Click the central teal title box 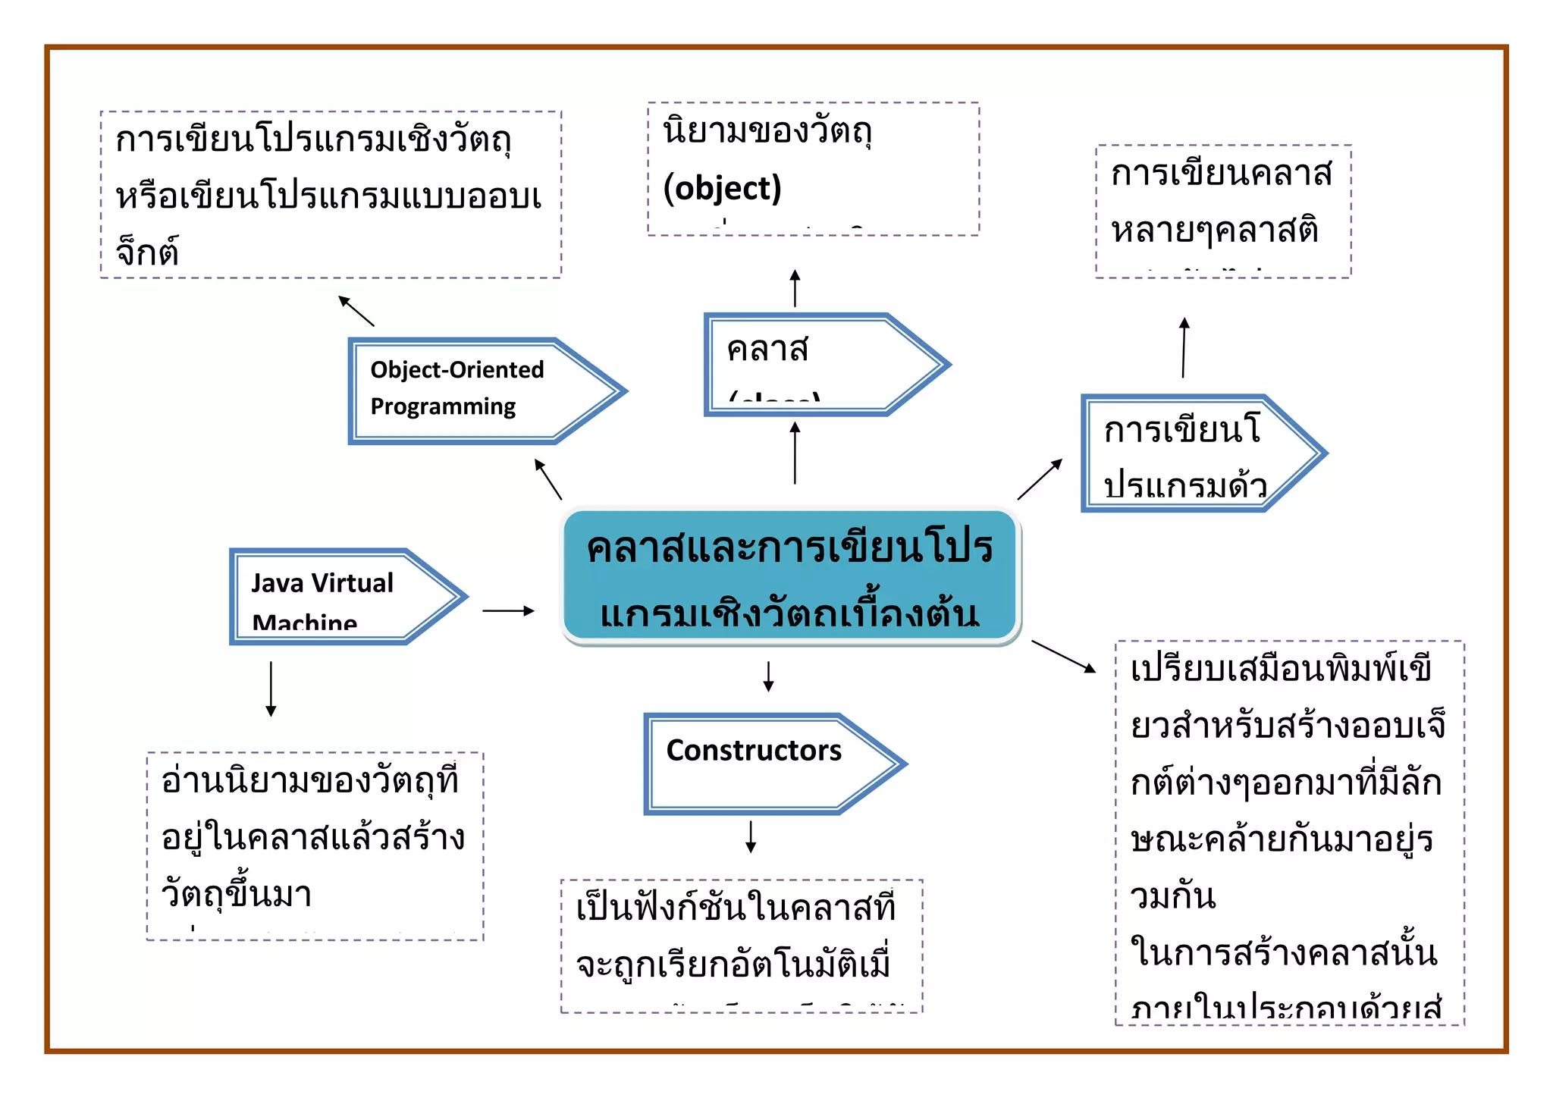(790, 576)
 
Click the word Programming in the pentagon (443, 406)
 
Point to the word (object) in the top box (722, 188)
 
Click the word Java (277, 583)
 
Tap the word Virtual (353, 583)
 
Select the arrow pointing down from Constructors (751, 836)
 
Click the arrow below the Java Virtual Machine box (271, 689)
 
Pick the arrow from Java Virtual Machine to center (508, 610)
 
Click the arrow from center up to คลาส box (795, 453)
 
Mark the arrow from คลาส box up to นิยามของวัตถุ (795, 288)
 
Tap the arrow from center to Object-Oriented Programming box (548, 479)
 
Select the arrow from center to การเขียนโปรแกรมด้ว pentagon (1040, 479)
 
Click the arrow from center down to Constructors (768, 676)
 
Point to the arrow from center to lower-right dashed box (1063, 657)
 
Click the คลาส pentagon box (819, 365)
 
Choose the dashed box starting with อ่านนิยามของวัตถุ (315, 846)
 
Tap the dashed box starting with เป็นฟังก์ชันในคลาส (742, 946)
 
